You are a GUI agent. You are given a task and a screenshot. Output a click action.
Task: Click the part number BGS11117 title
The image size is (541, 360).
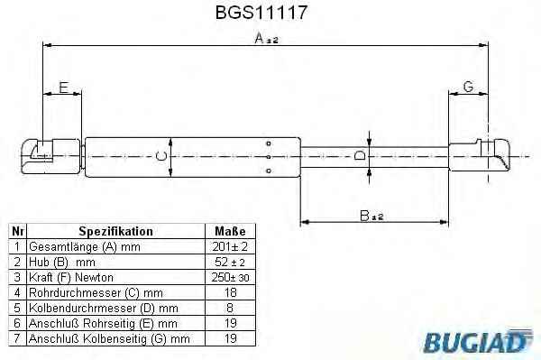(x=261, y=13)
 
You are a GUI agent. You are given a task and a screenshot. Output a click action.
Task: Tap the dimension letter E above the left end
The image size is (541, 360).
(x=63, y=88)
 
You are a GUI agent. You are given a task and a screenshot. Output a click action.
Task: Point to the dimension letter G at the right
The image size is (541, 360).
(x=468, y=87)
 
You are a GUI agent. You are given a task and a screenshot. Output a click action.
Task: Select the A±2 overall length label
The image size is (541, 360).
(x=266, y=38)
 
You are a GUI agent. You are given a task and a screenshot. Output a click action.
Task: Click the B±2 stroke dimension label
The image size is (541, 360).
(x=371, y=216)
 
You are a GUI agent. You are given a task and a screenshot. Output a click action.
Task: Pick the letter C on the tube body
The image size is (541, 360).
(x=161, y=157)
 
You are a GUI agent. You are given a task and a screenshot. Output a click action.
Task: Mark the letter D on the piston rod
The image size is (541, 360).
(x=360, y=156)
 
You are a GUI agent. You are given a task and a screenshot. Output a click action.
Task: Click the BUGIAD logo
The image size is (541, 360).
(x=478, y=341)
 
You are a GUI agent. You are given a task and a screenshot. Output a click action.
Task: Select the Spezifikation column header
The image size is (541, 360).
(x=116, y=231)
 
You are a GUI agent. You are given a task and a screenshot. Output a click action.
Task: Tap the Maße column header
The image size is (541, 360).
(x=230, y=231)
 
